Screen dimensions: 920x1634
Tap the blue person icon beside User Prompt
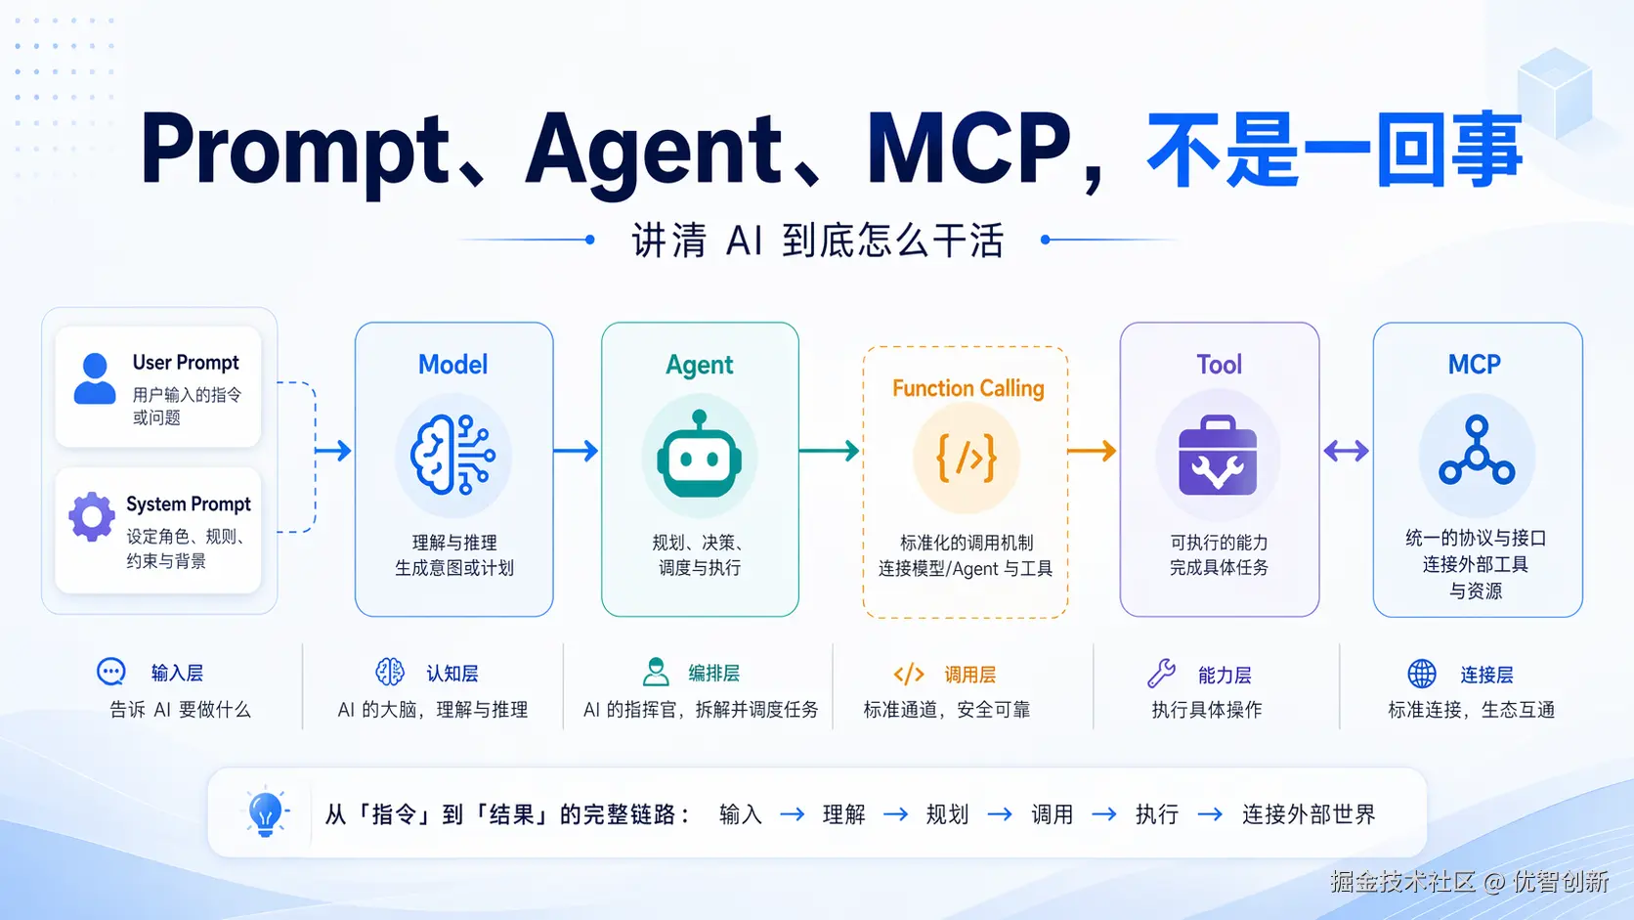95,379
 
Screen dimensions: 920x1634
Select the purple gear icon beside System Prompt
92,516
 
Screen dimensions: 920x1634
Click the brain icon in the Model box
452,455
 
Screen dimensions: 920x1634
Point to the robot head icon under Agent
700,456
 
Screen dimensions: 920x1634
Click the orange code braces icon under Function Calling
967,458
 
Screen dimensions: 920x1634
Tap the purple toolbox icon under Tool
1217,457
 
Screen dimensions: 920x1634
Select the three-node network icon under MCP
1476,452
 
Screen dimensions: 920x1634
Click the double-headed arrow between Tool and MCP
1346,451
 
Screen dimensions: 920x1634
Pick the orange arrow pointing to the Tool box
1092,451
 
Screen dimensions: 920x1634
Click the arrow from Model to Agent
576,451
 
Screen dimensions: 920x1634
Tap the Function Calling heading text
967,388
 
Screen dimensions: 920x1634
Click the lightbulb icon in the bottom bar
265,812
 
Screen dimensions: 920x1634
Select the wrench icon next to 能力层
1161,673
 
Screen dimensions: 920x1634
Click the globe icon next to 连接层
1422,673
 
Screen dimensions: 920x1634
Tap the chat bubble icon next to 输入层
111,672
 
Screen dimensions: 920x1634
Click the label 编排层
713,673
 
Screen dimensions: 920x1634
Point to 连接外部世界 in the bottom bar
1308,814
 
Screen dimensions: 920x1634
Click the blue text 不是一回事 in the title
1334,150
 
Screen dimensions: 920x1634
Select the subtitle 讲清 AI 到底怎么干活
817,241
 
